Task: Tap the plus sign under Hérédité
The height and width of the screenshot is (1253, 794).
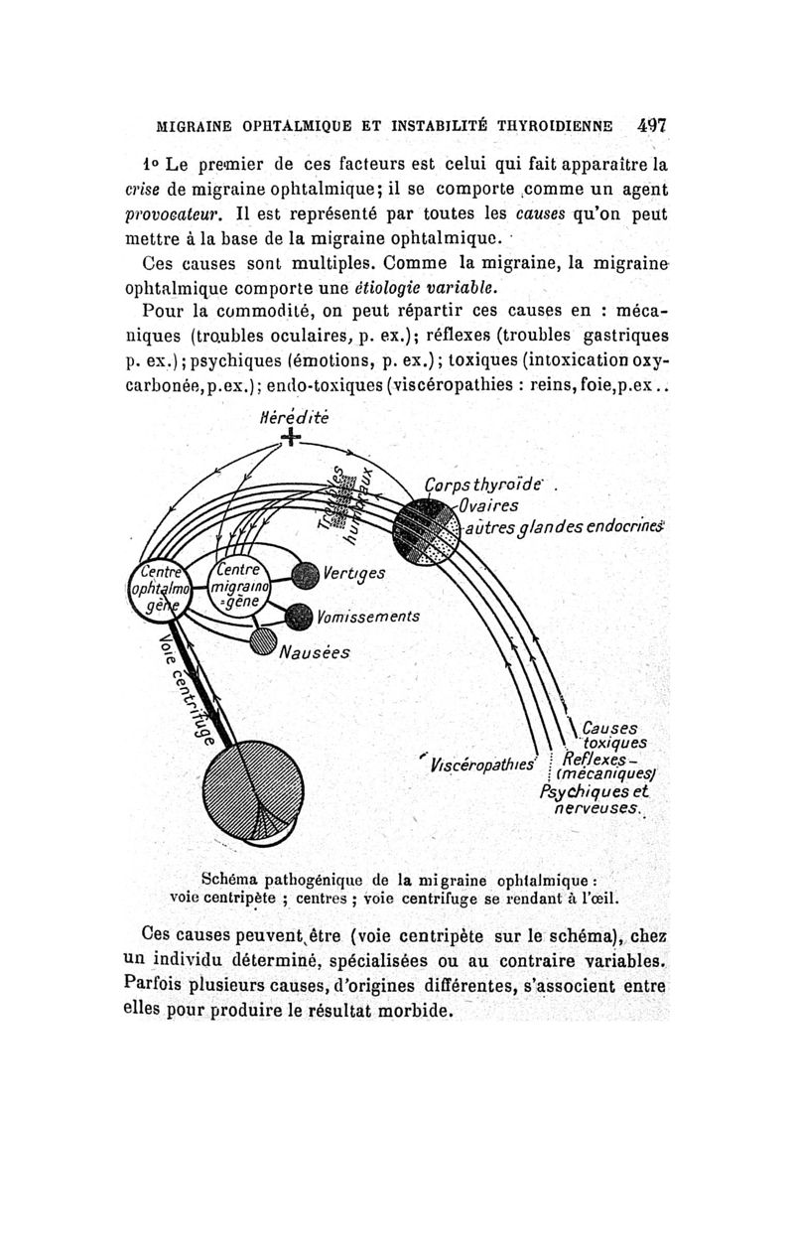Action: point(289,438)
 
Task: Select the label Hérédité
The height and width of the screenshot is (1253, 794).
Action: point(289,417)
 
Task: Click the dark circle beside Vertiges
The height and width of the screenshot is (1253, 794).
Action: point(305,573)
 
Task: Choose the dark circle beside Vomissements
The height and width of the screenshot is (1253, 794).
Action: point(299,617)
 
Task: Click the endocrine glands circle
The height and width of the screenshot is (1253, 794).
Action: point(426,530)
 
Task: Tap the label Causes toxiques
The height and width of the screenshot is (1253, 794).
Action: point(612,734)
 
